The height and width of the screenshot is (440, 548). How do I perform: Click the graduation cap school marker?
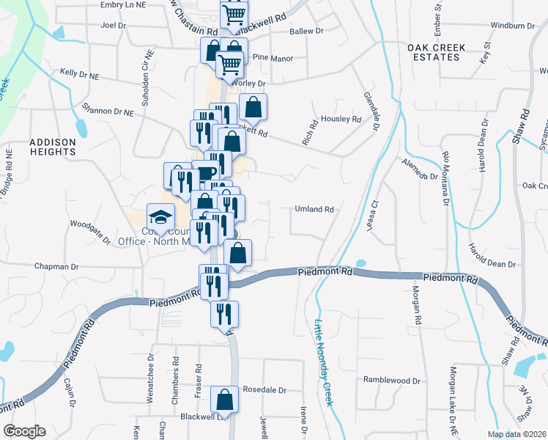[161, 216]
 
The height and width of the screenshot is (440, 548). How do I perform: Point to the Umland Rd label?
[314, 209]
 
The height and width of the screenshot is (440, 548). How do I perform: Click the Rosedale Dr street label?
[264, 390]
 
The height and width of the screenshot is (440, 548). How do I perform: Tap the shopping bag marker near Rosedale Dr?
[225, 400]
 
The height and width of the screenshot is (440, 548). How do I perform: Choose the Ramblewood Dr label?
[393, 381]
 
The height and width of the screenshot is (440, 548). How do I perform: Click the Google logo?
[24, 431]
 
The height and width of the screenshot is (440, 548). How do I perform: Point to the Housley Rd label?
[341, 119]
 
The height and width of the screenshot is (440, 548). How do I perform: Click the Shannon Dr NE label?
[108, 112]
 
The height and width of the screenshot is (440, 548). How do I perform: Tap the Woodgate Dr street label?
[90, 231]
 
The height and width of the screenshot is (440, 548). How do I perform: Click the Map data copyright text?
[516, 434]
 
